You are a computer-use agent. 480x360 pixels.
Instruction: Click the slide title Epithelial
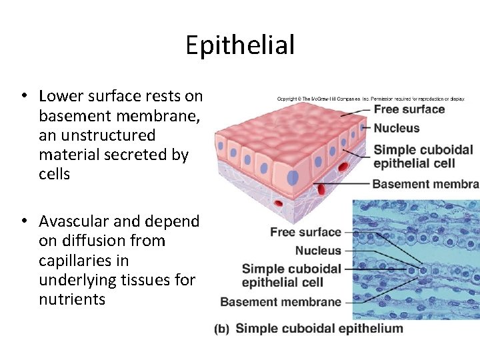240,45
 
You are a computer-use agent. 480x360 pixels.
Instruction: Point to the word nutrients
72,299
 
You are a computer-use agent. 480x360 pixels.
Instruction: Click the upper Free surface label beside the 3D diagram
409,109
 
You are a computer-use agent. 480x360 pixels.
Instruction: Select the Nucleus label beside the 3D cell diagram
397,128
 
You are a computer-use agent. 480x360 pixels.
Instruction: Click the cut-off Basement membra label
425,183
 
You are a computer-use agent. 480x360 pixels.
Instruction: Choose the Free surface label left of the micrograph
305,232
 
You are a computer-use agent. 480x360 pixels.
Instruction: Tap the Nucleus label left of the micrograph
318,251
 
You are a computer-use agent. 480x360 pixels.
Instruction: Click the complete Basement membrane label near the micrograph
281,301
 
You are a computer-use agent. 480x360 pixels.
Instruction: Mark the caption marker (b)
223,329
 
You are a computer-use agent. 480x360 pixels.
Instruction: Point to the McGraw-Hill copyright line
371,99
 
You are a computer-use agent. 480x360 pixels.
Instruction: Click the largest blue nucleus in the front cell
293,177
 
